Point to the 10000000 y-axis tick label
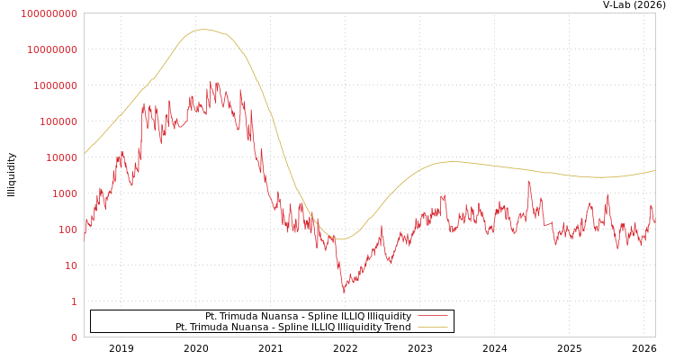(52, 49)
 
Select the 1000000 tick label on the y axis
(55, 85)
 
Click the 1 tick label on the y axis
(74, 301)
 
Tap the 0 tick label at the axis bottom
(74, 337)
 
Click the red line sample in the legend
(432, 317)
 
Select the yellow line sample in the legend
(432, 328)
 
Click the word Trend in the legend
(397, 328)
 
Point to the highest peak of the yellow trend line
(203, 30)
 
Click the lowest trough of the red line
(343, 292)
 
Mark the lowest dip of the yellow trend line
(340, 239)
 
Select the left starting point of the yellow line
(85, 153)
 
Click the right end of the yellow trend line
(654, 171)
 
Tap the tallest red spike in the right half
(528, 182)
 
